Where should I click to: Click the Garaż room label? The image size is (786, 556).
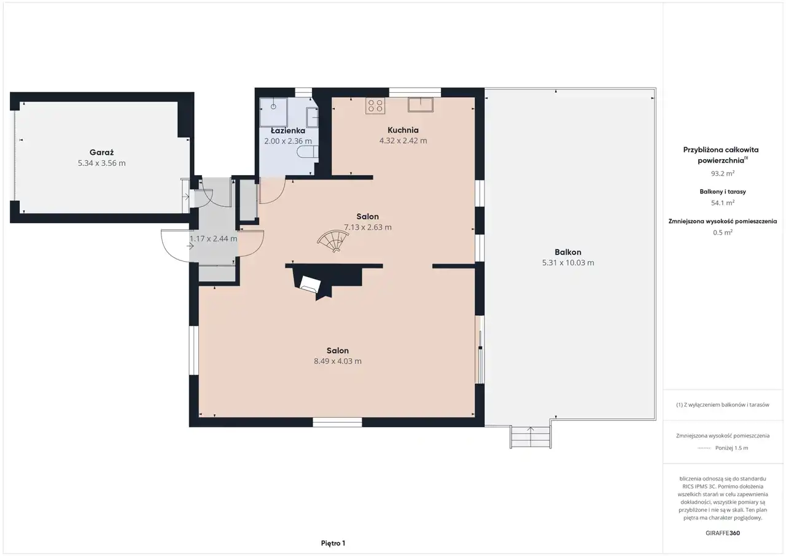pos(101,152)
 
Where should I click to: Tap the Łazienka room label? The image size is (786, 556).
pos(288,131)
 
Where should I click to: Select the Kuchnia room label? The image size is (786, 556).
pos(403,130)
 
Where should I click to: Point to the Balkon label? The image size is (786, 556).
pos(568,252)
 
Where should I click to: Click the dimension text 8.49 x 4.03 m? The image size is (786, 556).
pos(338,361)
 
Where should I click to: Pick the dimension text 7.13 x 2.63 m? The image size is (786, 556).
pos(368,227)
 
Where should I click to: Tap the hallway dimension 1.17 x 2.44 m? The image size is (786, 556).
pos(213,239)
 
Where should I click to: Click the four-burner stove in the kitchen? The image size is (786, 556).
pos(375,106)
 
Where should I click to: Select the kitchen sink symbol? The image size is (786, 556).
pos(421,104)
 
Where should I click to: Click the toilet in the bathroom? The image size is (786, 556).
pos(308,152)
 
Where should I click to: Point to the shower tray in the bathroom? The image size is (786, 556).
pos(273,112)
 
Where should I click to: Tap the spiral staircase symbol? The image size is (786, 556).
pos(333,241)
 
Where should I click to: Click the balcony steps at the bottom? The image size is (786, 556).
pos(530,437)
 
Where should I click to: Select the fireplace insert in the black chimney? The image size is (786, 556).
pos(309,284)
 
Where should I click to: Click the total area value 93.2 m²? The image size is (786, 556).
pos(723,173)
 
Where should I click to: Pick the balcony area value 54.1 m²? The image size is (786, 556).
pos(723,203)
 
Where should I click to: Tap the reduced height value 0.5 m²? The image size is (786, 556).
pos(723,232)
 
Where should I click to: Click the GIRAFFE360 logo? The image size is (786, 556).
pos(723,533)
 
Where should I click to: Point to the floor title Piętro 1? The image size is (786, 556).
pos(333,543)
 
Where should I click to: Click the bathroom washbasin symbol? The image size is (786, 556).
pos(313,117)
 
